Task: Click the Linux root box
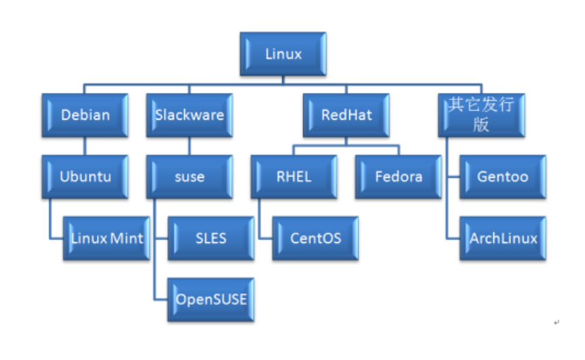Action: tap(283, 53)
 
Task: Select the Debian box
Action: tap(85, 114)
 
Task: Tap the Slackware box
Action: tap(189, 114)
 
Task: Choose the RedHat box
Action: tap(346, 114)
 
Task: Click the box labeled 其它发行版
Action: tap(481, 114)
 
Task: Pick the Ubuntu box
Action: tap(85, 177)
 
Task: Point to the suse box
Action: tap(189, 177)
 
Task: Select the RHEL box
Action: tap(294, 177)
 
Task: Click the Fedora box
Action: tap(398, 177)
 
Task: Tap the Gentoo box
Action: tap(502, 177)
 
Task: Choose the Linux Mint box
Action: tap(107, 238)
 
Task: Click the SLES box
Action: tap(211, 238)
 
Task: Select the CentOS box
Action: tap(315, 238)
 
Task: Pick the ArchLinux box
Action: tap(502, 238)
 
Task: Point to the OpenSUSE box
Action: tap(211, 298)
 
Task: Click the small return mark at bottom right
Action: tap(556, 323)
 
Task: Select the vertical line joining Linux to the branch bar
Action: tap(283, 81)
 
